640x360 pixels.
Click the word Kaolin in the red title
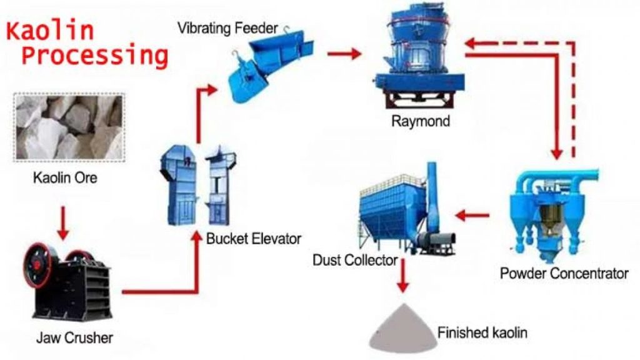[x=50, y=29]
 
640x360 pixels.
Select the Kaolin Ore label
[x=65, y=178]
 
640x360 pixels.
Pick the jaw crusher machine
[x=66, y=284]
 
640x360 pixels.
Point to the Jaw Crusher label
[x=74, y=338]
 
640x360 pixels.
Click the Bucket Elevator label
[x=254, y=238]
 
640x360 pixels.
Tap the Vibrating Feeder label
[x=227, y=27]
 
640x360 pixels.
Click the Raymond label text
[x=420, y=121]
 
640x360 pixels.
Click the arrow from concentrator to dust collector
[x=472, y=216]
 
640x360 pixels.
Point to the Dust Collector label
[x=354, y=259]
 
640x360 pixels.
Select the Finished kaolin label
[x=482, y=332]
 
